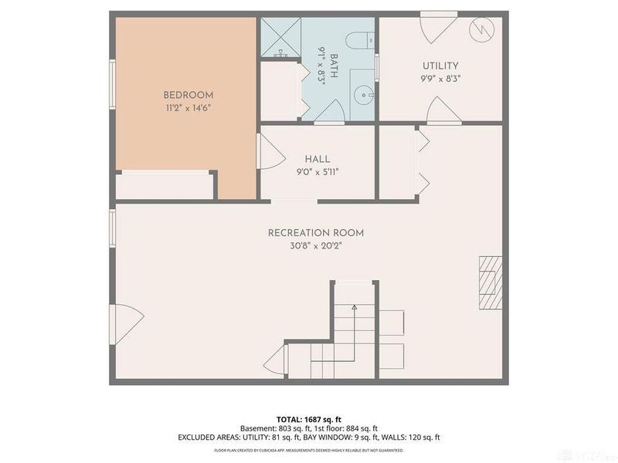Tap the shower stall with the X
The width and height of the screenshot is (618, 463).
[x=280, y=36]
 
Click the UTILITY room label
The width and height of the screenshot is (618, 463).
[x=440, y=66]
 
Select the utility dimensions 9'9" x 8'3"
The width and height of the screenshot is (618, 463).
[x=440, y=78]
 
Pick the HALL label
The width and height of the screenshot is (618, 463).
[x=317, y=158]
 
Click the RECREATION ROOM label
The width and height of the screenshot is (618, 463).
[x=315, y=233]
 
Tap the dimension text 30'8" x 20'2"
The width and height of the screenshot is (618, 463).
[x=315, y=246]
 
